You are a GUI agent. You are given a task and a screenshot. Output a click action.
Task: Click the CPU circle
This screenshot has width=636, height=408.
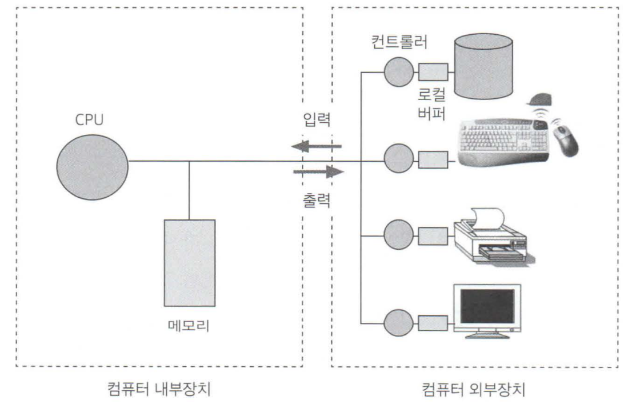point(92,163)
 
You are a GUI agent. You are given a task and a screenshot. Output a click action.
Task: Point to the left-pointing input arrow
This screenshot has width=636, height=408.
point(317,147)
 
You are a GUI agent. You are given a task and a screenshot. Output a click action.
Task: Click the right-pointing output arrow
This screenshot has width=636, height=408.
point(318,171)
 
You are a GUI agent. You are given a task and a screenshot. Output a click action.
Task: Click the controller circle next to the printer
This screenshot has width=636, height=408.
point(398,234)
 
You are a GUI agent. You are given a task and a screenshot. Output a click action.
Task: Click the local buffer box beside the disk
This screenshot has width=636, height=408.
point(433,73)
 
